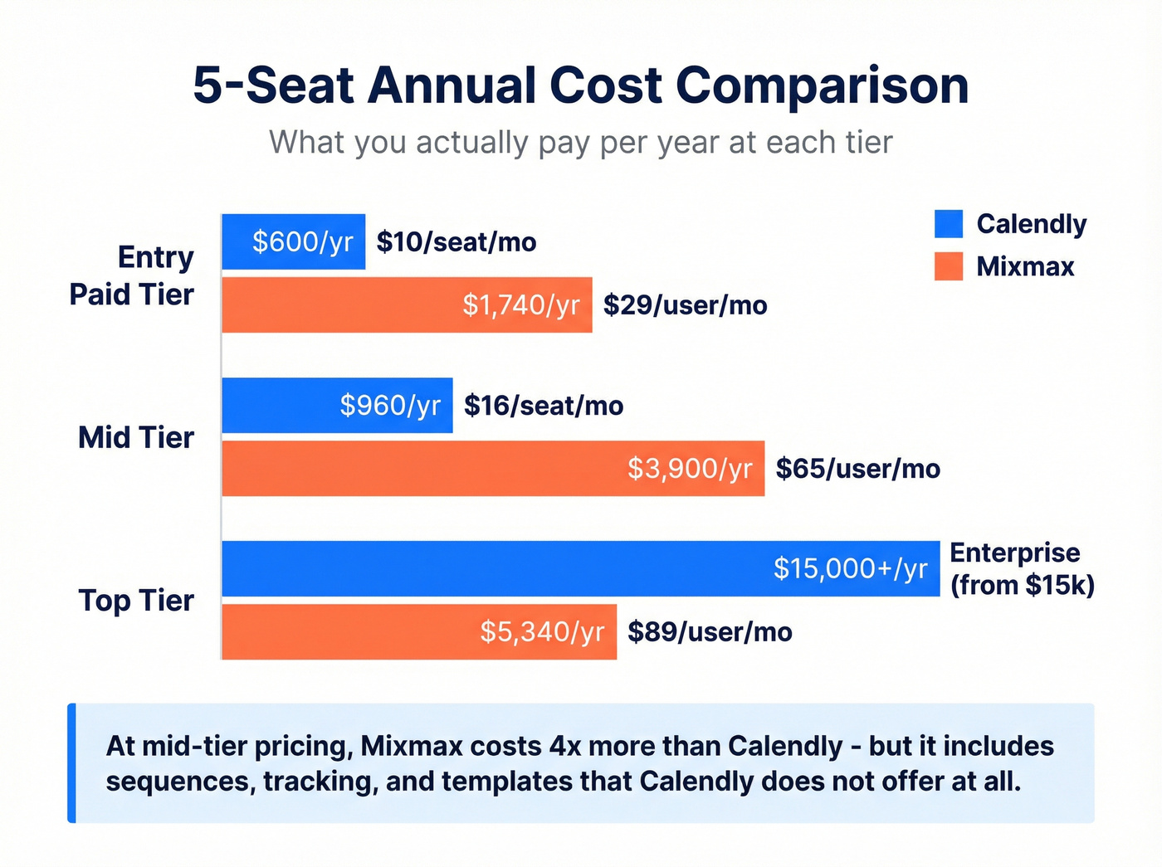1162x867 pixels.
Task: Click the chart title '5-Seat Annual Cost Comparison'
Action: (581, 85)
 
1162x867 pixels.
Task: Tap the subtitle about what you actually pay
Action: (581, 143)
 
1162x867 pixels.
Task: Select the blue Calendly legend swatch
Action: (948, 224)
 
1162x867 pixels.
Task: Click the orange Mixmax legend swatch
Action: (948, 266)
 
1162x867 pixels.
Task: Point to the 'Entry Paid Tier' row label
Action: (132, 275)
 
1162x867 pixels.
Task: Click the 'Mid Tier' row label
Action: (136, 437)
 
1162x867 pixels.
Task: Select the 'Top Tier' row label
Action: (136, 600)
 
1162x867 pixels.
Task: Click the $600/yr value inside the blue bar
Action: (303, 241)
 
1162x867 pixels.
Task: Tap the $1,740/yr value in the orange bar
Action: (520, 305)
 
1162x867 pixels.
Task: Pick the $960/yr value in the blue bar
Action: (390, 406)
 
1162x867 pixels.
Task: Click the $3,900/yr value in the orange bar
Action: (690, 469)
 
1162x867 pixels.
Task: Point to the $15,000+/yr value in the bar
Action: (850, 568)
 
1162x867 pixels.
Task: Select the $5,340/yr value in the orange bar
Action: (542, 632)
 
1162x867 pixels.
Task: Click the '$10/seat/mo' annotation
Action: (456, 242)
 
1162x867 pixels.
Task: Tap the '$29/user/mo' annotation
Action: (685, 305)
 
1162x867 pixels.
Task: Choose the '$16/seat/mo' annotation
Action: (544, 406)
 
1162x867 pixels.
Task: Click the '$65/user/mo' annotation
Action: (857, 469)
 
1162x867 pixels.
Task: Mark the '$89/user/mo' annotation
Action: (710, 632)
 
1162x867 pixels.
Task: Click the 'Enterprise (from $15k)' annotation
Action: (1022, 569)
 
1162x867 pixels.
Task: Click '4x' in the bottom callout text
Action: (566, 746)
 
